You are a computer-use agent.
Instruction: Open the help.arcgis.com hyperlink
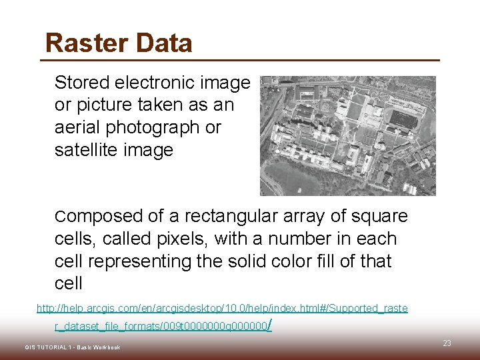(x=222, y=309)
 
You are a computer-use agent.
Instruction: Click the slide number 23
(x=447, y=343)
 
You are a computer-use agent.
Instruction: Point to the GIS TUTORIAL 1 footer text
(x=73, y=348)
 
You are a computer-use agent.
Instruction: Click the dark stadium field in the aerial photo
(x=404, y=119)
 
